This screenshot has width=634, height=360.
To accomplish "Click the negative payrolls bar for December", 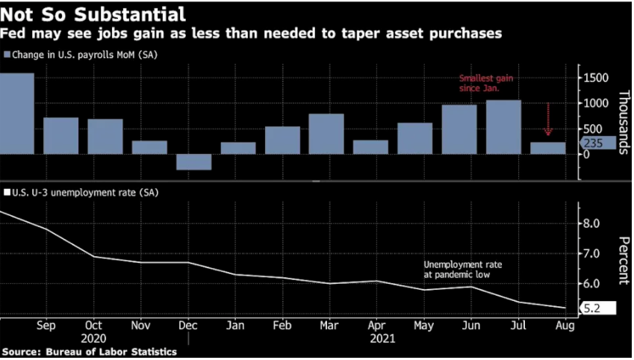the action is click(x=193, y=162).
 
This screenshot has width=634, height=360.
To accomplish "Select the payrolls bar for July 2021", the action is click(x=503, y=127).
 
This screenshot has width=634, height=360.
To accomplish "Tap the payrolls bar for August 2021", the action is click(x=548, y=148).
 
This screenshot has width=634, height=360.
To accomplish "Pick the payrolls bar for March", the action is click(x=326, y=134).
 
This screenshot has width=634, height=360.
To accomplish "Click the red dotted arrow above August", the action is click(x=548, y=120).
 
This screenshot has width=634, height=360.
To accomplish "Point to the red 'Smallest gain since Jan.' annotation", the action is click(x=486, y=83).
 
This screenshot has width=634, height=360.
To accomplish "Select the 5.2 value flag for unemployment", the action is click(x=597, y=308).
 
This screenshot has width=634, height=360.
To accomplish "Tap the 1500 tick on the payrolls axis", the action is click(x=597, y=78).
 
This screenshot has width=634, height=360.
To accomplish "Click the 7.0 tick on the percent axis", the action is click(x=591, y=254).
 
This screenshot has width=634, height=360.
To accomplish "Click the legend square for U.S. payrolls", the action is click(x=7, y=55).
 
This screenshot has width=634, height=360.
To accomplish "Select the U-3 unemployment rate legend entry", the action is click(x=81, y=193).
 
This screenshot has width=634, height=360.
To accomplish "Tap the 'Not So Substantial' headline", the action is click(x=93, y=14).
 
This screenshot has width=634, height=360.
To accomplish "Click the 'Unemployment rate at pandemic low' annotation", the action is click(x=463, y=270).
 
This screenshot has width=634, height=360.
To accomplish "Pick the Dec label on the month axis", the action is click(x=187, y=326).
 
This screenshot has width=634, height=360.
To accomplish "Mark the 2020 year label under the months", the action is click(x=94, y=338).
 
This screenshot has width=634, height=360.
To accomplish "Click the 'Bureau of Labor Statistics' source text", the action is click(x=111, y=352).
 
